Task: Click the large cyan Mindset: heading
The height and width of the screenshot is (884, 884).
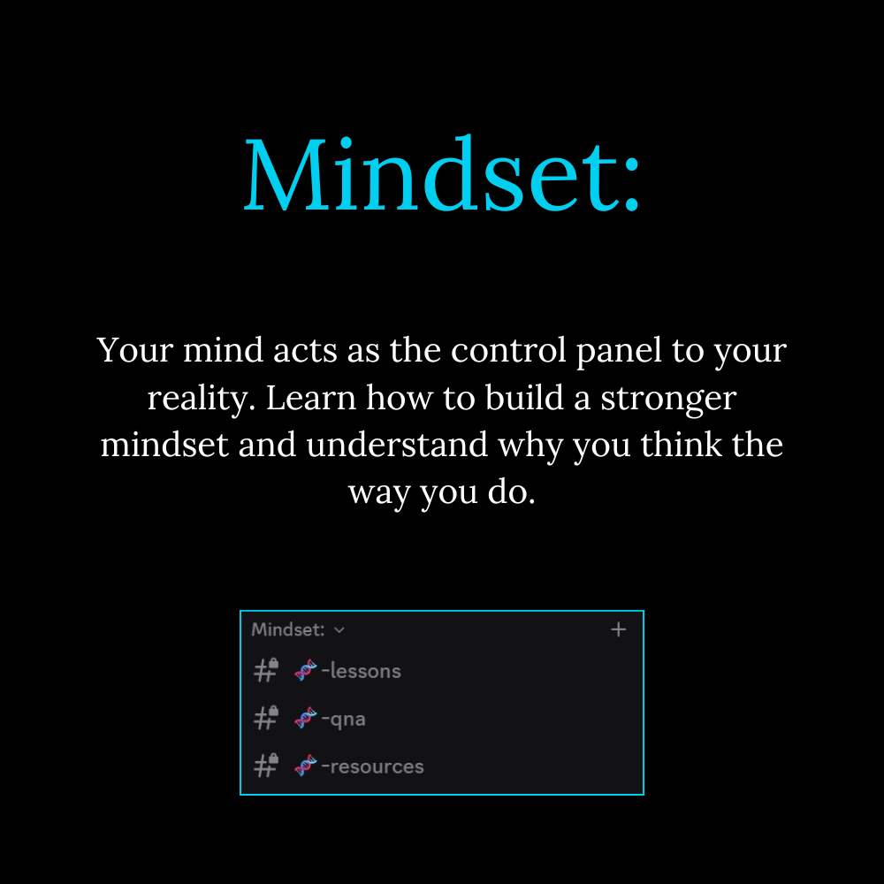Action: (x=442, y=174)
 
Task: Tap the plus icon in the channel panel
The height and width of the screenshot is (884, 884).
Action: (x=619, y=629)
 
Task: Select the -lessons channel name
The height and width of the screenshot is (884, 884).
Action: (x=361, y=671)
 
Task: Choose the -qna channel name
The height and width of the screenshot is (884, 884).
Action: (x=343, y=720)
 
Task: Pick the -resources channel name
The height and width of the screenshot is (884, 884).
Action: (x=372, y=766)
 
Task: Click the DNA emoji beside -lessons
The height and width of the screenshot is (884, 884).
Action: (x=306, y=670)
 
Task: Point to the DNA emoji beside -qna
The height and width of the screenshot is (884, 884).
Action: (x=306, y=718)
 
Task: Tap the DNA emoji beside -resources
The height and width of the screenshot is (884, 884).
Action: (x=306, y=766)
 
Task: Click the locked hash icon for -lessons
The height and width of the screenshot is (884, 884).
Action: (x=266, y=670)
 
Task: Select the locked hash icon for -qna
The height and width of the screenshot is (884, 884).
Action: (x=266, y=718)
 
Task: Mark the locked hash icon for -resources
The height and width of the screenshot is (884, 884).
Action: (x=266, y=766)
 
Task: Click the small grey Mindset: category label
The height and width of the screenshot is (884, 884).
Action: (x=287, y=629)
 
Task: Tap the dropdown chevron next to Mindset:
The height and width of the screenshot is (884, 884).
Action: (x=339, y=629)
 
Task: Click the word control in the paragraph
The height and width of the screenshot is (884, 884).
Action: (x=508, y=350)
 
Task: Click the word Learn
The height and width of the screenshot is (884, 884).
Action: (x=311, y=398)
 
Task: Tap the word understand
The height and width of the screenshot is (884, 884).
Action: (x=397, y=445)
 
